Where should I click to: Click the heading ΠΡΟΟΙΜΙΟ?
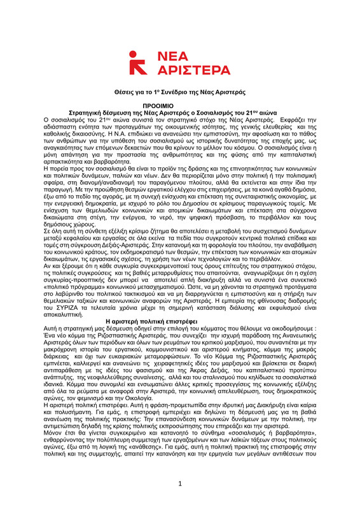click(x=179, y=104)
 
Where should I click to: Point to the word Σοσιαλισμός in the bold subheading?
click(x=203, y=111)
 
